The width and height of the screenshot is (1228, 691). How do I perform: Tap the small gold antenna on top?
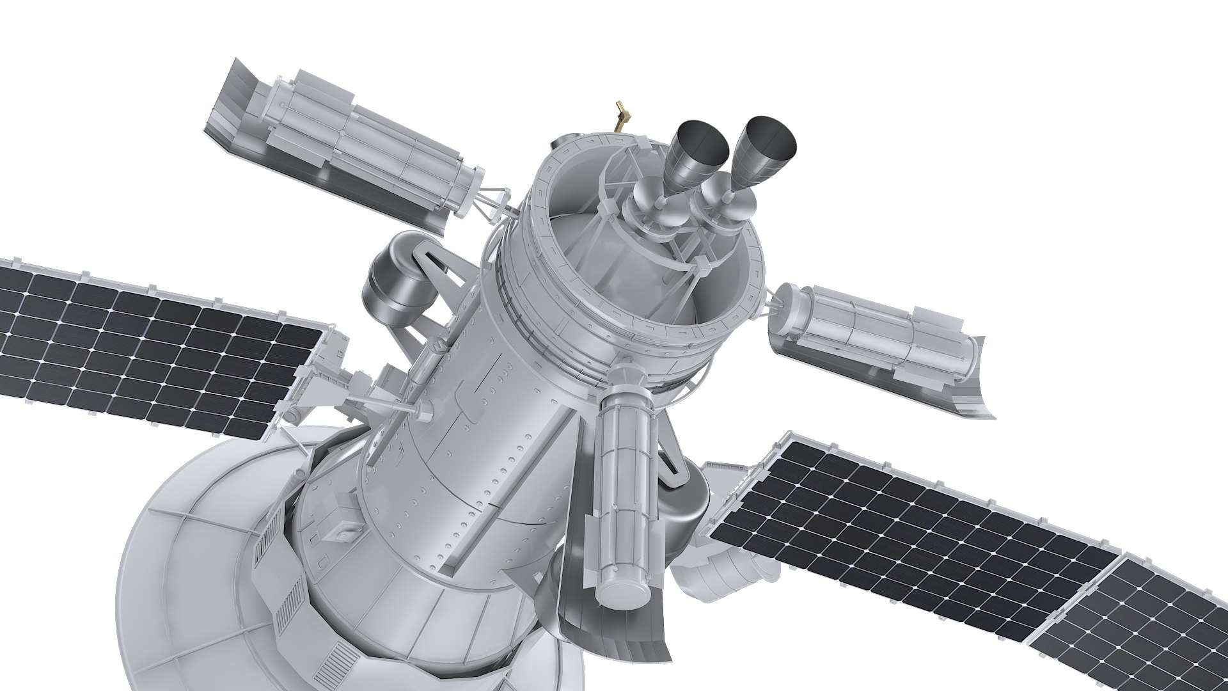click(620, 115)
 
